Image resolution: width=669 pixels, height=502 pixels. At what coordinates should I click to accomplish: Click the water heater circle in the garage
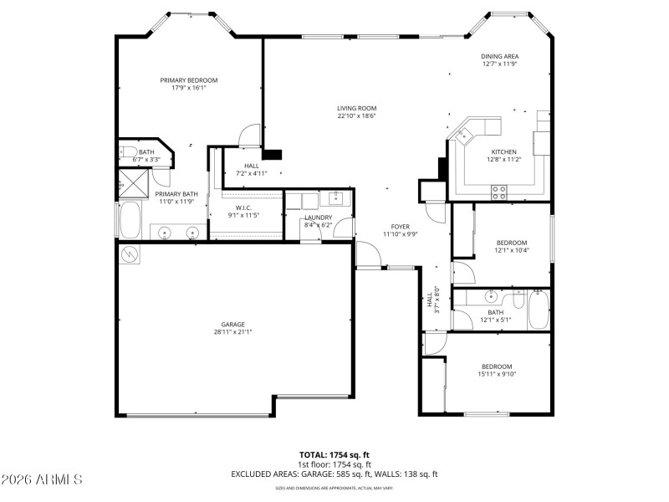[x=130, y=254]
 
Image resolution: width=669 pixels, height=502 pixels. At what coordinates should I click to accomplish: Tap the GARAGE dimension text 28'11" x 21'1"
[x=232, y=331]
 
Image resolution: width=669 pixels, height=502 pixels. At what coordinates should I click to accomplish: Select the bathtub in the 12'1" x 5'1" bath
[x=538, y=310]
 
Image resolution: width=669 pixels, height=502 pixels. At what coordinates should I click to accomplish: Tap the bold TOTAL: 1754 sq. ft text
[x=334, y=455]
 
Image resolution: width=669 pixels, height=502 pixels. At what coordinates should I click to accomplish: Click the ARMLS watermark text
[x=42, y=479]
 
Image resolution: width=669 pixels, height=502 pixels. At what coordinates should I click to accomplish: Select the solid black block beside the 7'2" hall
[x=273, y=154]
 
